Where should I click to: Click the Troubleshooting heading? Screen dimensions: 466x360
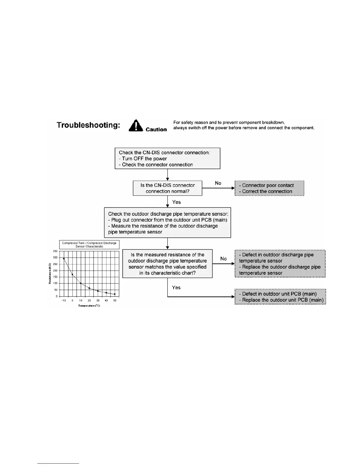[88, 125]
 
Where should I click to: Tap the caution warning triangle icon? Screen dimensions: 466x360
[136, 126]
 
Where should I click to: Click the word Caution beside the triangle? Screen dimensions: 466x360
[156, 129]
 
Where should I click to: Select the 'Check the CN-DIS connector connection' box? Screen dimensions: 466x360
[167, 158]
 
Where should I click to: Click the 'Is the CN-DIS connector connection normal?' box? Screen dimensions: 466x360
[167, 188]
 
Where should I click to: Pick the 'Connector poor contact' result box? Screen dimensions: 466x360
[269, 188]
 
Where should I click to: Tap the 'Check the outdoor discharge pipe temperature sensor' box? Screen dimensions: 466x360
[167, 223]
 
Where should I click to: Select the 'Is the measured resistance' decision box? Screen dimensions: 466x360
[167, 264]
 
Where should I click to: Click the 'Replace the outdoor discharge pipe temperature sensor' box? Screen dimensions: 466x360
[280, 264]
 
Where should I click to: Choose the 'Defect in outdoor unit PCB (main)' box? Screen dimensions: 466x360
[280, 297]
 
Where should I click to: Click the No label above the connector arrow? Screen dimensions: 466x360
[218, 183]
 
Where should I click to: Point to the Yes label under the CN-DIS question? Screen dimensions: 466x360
[176, 202]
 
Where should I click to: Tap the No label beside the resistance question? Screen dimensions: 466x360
[224, 259]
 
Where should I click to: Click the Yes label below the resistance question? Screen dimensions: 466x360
[176, 287]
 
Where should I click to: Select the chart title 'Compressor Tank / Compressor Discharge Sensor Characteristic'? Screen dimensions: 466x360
[89, 245]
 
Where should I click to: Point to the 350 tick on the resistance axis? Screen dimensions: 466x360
[55, 251]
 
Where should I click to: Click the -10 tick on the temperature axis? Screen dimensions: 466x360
[64, 301]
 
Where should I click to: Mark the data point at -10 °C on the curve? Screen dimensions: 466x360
[64, 259]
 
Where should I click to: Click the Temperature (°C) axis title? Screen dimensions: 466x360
[89, 306]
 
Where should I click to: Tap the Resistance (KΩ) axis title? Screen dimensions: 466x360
[50, 274]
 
